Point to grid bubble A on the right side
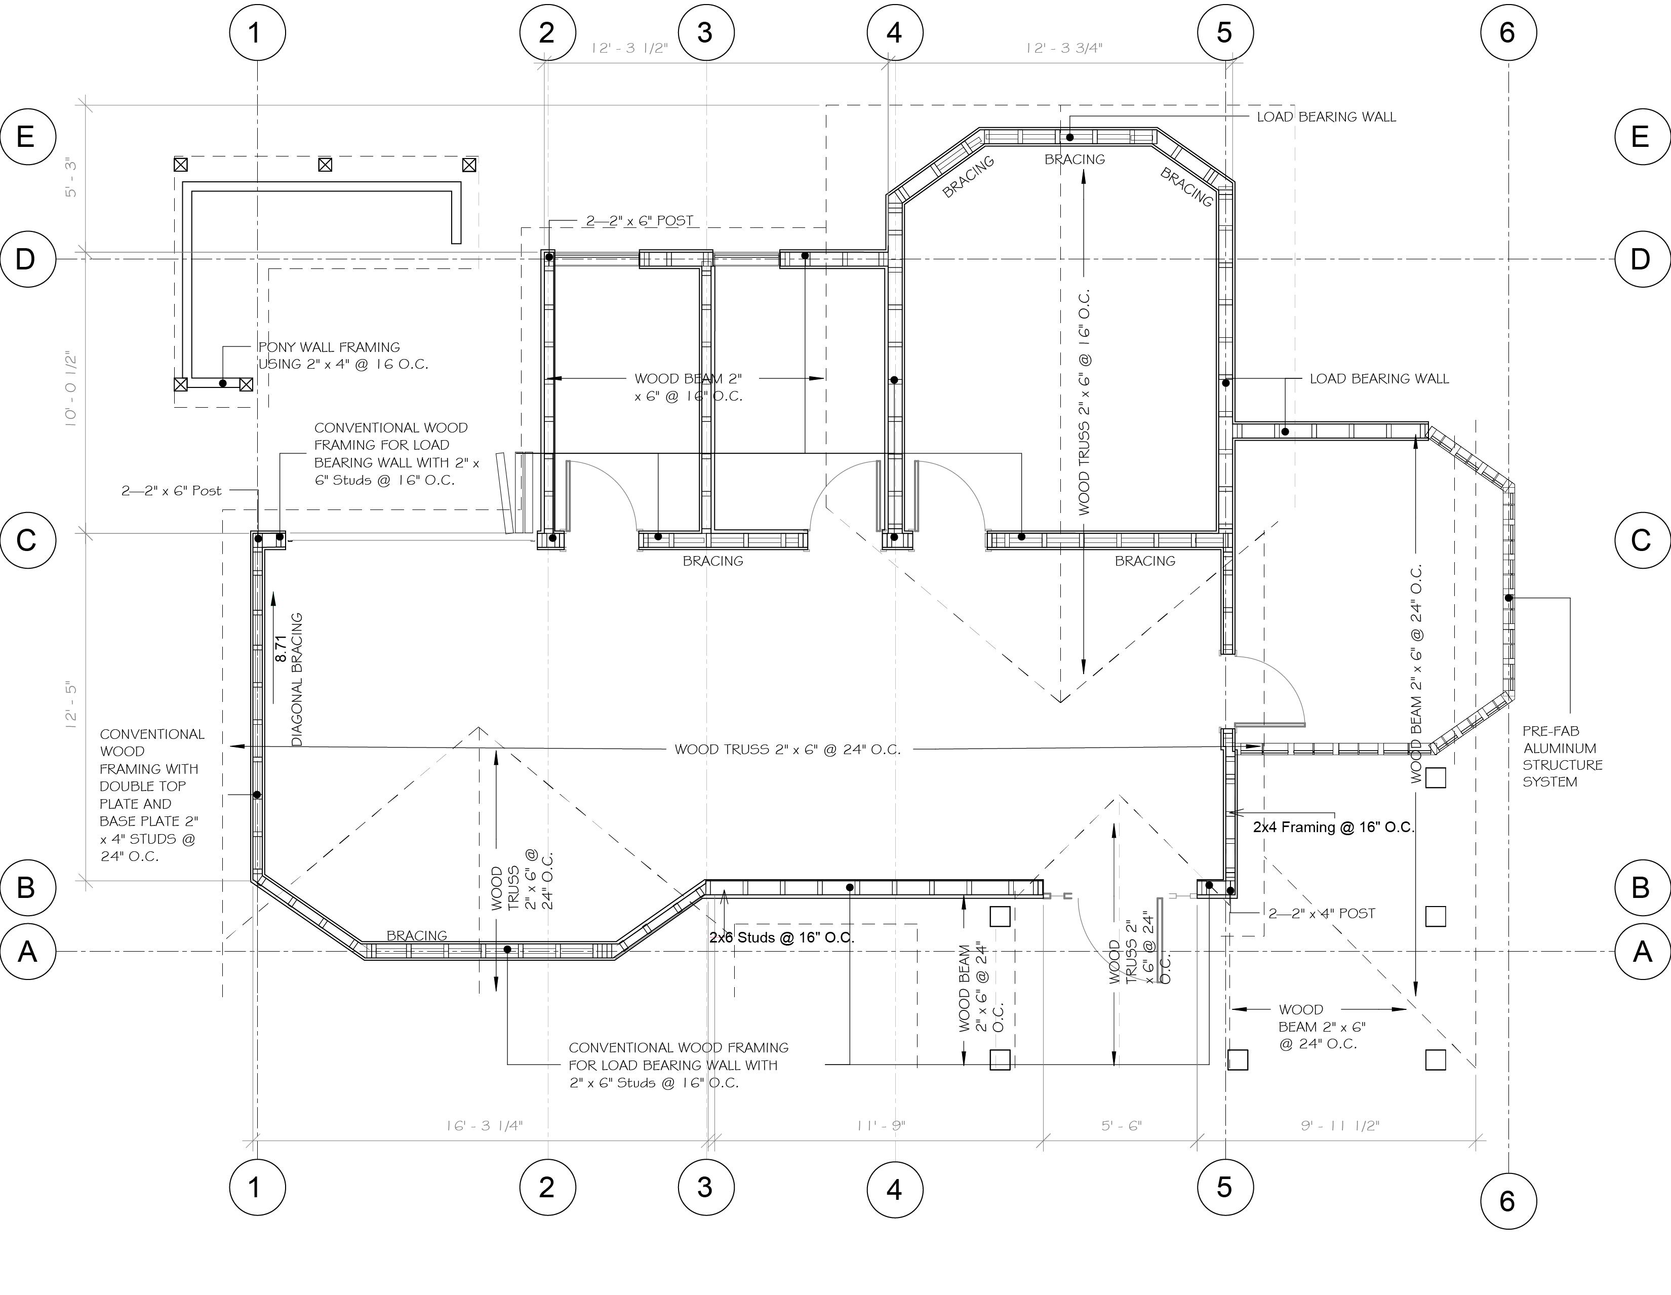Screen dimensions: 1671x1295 point(1642,951)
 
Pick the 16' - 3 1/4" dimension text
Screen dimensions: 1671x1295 point(484,1126)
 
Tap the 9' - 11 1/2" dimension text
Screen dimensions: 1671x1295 point(1340,1126)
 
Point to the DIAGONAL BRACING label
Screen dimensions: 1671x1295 point(298,679)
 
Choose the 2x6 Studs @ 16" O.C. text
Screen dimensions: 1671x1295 point(781,937)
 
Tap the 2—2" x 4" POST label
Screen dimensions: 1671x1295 point(1321,913)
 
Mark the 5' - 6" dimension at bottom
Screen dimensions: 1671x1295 point(1121,1126)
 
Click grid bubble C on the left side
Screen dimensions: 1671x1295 point(27,540)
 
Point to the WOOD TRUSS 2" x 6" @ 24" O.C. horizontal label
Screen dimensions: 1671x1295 point(787,749)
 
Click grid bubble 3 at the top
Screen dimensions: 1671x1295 point(705,33)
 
